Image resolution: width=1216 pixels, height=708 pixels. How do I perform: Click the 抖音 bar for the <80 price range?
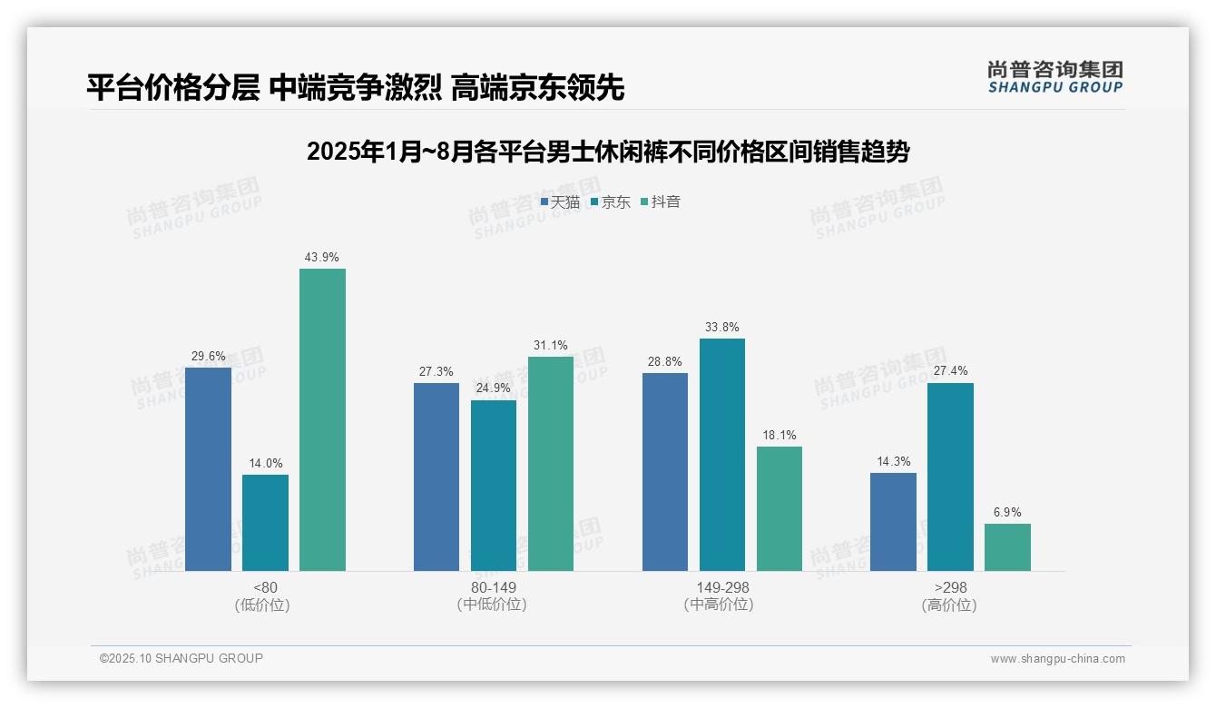point(322,419)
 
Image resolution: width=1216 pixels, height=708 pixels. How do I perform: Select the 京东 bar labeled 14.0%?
point(265,523)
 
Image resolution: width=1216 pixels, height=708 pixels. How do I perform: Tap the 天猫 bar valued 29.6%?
point(208,468)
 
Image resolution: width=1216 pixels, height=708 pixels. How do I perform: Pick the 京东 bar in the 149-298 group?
point(721,455)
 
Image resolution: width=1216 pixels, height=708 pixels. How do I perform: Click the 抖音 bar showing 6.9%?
point(1007,547)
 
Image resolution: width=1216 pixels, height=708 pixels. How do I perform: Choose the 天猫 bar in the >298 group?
point(893,522)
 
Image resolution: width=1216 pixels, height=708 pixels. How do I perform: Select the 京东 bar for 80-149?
point(494,486)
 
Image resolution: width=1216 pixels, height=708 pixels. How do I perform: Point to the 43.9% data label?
point(322,258)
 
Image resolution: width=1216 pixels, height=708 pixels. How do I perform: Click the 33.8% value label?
point(721,328)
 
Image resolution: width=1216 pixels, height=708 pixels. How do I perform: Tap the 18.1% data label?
point(779,436)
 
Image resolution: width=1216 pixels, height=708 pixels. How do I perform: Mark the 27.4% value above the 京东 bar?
point(950,371)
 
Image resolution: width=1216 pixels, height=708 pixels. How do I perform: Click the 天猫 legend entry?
point(560,202)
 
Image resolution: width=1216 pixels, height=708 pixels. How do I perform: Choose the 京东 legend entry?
point(611,202)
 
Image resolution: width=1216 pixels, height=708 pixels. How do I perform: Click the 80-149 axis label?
point(494,587)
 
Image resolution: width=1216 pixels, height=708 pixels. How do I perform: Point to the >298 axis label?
point(949,587)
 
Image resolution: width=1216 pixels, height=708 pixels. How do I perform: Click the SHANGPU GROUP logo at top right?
point(1055,77)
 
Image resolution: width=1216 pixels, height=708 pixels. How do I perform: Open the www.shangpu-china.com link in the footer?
point(1057,659)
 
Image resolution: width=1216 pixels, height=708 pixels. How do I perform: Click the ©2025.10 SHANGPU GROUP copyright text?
point(181,659)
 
